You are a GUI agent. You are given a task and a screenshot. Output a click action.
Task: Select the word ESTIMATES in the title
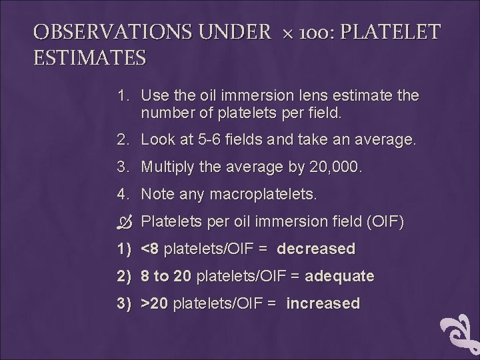90,58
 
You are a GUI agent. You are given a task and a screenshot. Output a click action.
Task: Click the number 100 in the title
312,32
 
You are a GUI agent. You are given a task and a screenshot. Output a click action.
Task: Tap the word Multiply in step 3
167,167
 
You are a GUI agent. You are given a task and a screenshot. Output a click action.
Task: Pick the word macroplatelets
263,195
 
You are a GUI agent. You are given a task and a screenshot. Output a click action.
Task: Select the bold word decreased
316,249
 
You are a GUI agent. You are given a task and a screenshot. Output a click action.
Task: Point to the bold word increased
323,303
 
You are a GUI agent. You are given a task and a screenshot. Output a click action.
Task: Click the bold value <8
150,249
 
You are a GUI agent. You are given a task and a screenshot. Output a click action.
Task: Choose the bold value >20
155,303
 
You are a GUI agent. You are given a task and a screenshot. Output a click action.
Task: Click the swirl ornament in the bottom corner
461,333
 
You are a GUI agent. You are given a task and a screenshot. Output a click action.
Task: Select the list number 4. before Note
123,195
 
